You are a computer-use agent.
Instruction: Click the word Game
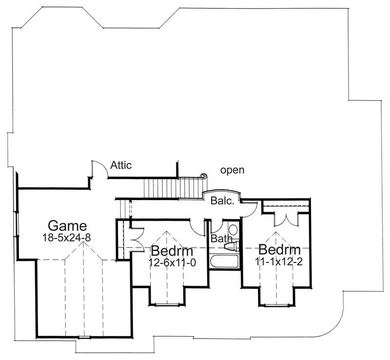67,226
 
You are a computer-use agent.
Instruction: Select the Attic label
121,165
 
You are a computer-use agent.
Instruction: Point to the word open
232,170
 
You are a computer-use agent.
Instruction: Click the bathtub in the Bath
223,260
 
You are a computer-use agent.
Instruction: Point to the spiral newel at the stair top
203,176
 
